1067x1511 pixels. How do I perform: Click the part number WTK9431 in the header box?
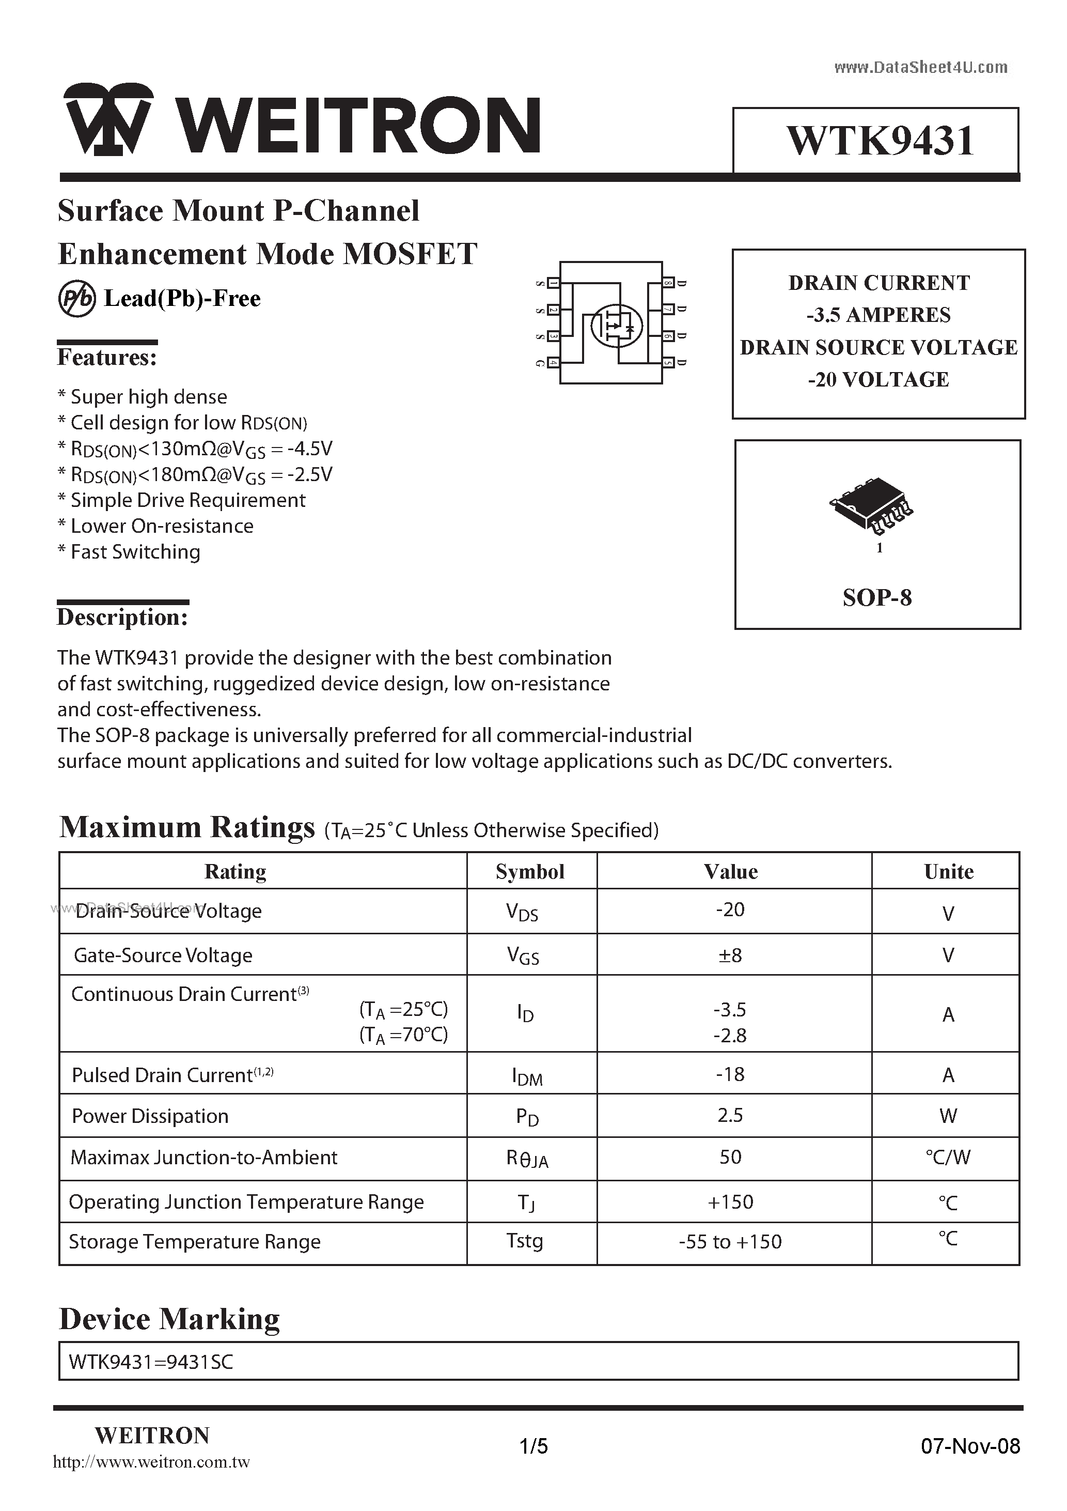[880, 141]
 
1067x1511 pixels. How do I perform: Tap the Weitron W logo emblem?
[108, 120]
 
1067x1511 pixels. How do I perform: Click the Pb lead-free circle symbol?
[77, 299]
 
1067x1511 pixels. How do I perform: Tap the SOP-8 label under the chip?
[877, 597]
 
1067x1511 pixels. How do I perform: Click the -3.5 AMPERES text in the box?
[878, 315]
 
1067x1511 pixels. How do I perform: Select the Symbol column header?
[530, 871]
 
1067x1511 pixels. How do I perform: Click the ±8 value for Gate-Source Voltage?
[730, 955]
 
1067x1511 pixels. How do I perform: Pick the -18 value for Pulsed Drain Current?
[730, 1074]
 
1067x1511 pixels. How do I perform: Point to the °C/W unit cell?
[947, 1158]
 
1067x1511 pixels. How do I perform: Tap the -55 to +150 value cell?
[730, 1242]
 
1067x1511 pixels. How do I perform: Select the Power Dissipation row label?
[150, 1116]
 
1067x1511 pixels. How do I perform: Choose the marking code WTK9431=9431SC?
[151, 1362]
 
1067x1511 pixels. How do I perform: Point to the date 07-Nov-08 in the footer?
[970, 1446]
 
